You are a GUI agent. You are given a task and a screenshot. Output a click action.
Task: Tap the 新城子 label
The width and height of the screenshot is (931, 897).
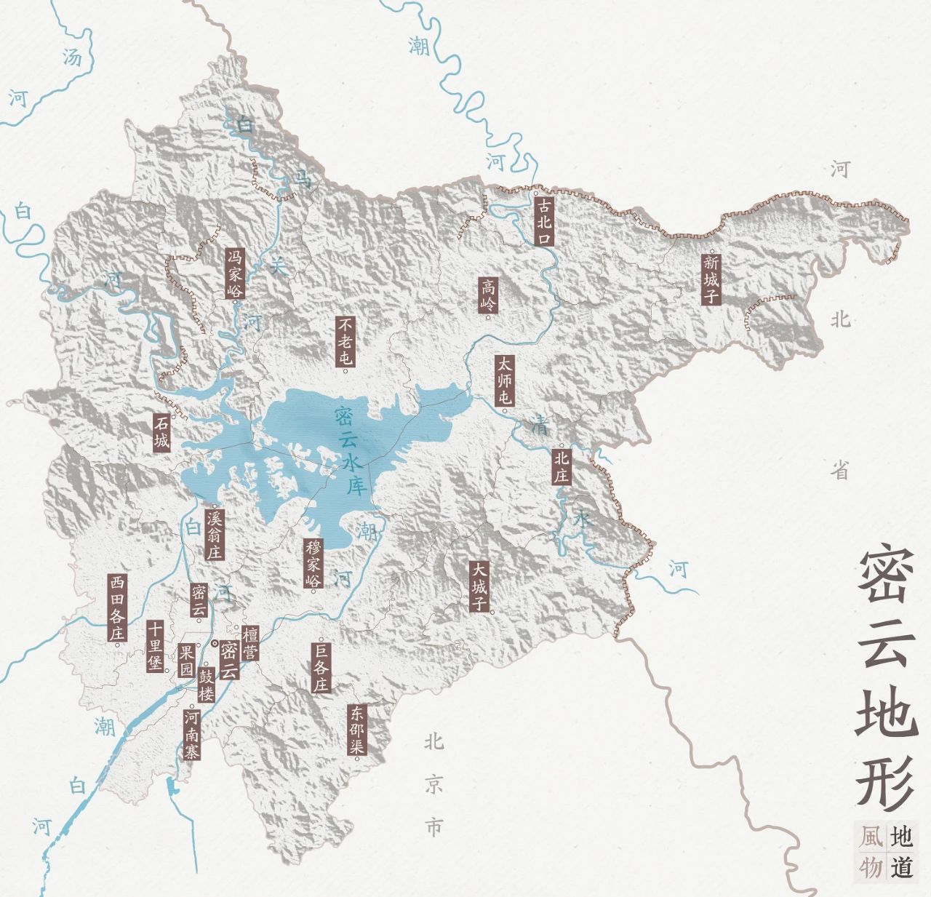(x=711, y=279)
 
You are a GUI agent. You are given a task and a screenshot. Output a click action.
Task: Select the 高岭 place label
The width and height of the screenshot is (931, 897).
(x=488, y=295)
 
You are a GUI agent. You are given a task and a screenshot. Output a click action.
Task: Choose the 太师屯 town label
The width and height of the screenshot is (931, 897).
(x=504, y=380)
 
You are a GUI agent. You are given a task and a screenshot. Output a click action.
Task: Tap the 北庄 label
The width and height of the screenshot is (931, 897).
(x=561, y=466)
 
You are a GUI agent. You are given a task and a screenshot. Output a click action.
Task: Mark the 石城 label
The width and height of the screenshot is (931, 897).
(x=161, y=433)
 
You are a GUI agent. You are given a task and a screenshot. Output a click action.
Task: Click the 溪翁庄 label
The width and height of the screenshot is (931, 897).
(x=214, y=534)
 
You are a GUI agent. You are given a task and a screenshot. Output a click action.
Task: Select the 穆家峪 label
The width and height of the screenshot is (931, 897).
(x=313, y=563)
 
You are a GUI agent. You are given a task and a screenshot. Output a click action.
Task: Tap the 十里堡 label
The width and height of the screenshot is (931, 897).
(x=154, y=646)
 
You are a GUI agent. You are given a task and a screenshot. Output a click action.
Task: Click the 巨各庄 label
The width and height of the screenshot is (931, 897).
(x=321, y=666)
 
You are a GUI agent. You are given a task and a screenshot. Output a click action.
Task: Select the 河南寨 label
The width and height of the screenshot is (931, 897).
(x=191, y=734)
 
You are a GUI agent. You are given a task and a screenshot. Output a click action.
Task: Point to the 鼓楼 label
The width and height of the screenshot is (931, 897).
(x=207, y=683)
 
